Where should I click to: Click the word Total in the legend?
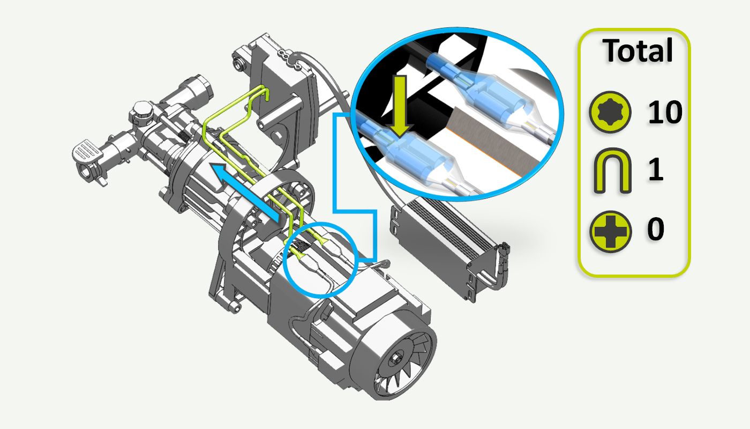pos(637,51)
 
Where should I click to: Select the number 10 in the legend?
pos(665,113)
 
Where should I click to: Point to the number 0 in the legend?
pos(655,230)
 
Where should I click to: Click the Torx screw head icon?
pos(609,113)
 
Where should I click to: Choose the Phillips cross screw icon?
pos(609,231)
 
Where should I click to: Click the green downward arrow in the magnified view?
pos(399,105)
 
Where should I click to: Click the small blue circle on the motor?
pos(320,258)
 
